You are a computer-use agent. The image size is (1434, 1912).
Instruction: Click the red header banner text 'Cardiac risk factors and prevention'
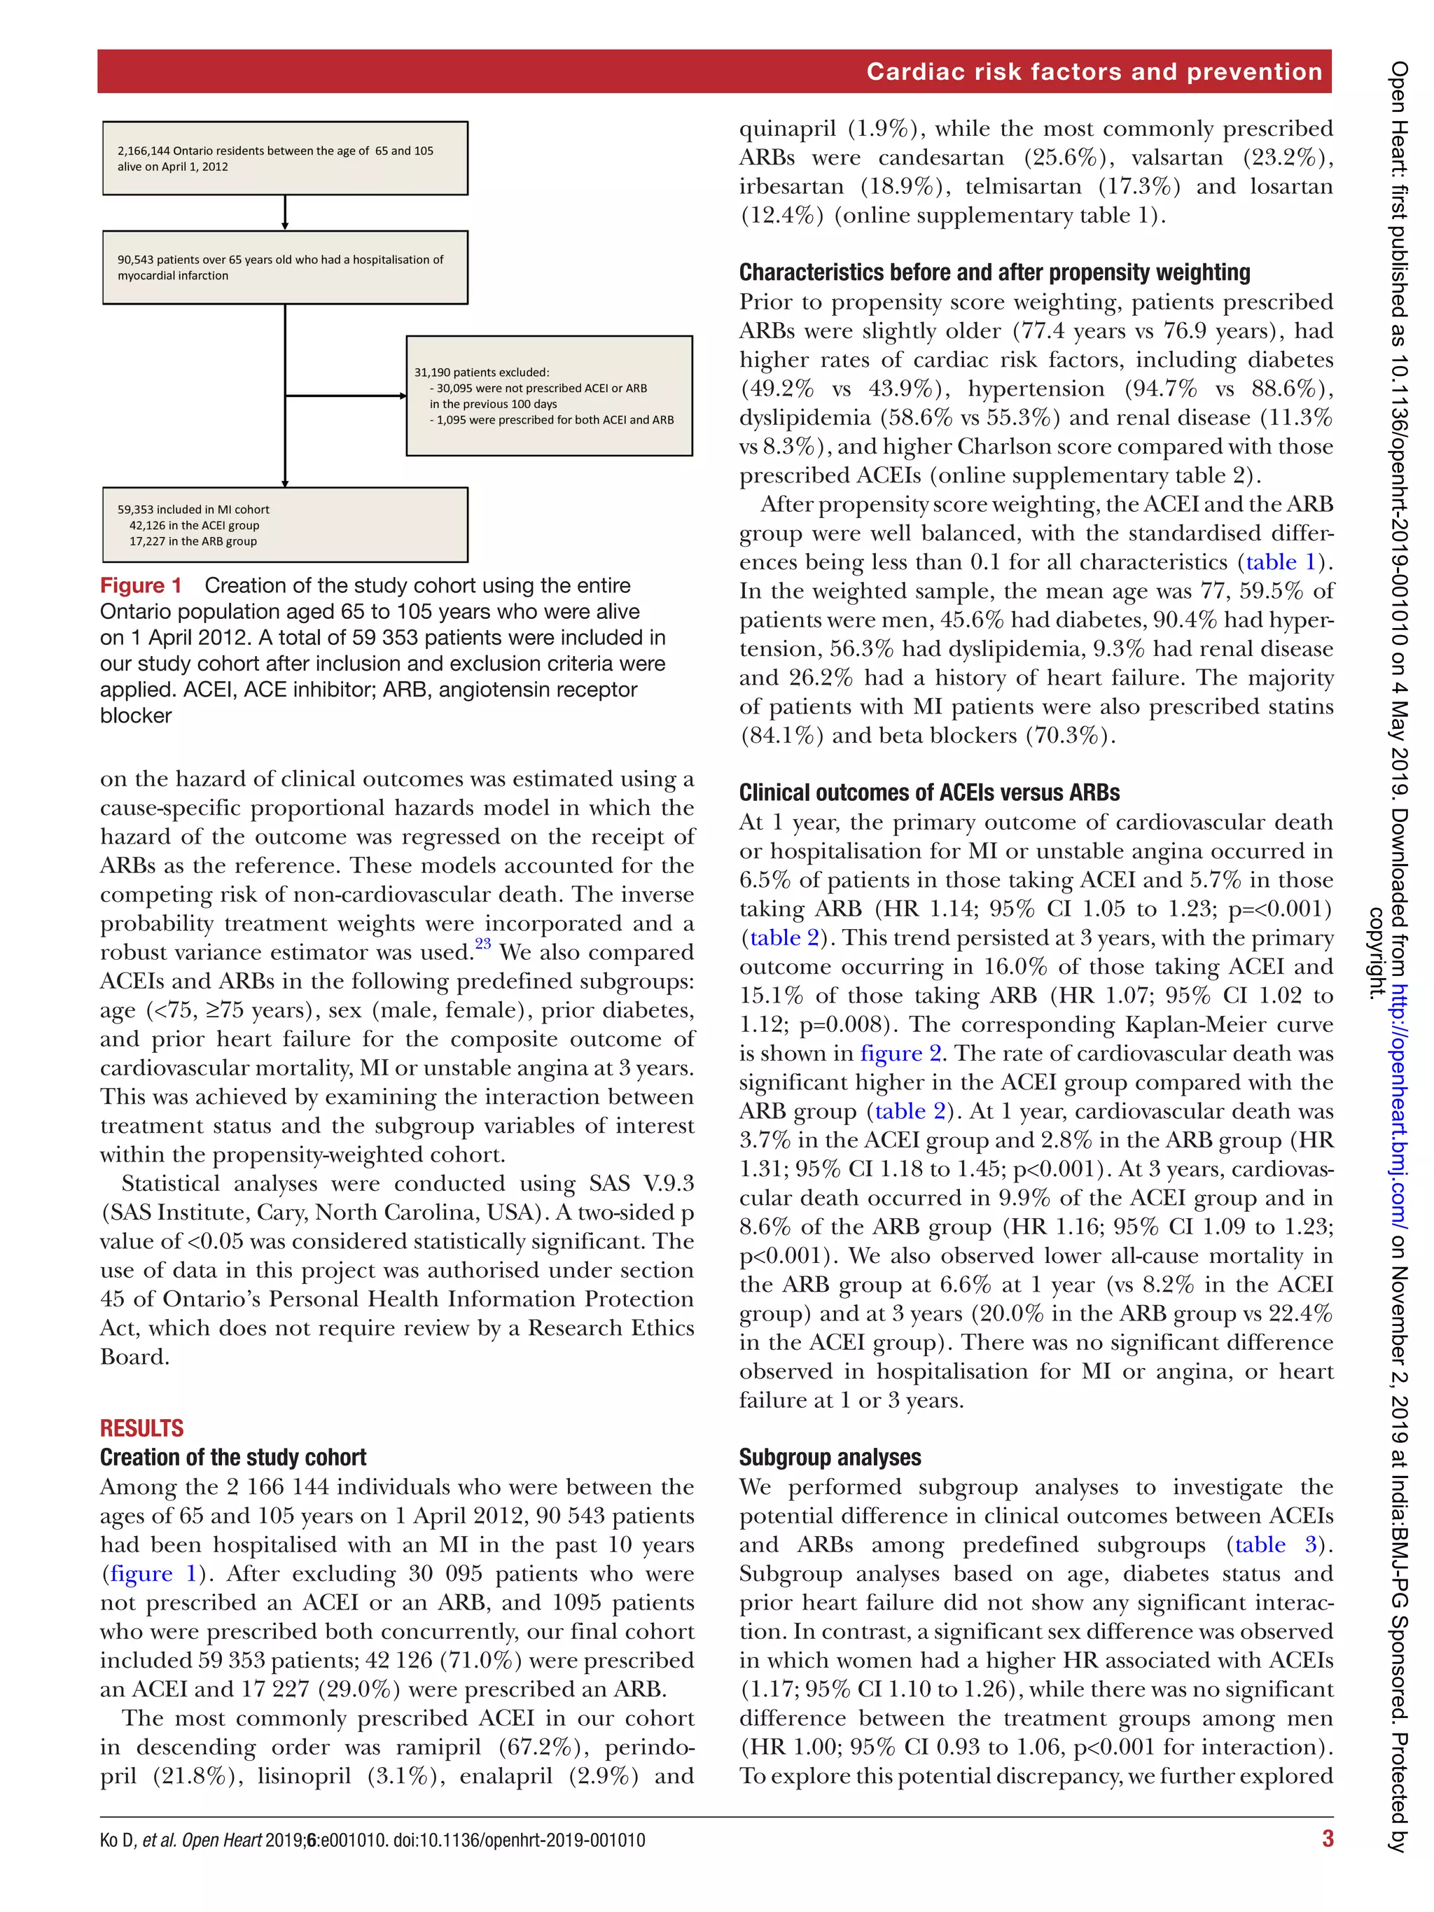(x=1094, y=71)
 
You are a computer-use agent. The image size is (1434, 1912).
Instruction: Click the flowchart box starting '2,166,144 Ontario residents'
(x=285, y=158)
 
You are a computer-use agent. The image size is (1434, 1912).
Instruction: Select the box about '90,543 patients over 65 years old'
(x=285, y=267)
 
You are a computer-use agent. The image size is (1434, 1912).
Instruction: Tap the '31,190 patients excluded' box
(x=549, y=396)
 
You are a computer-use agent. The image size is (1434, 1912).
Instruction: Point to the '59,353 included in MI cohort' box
(x=285, y=524)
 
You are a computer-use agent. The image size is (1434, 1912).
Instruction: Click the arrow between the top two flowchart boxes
(x=285, y=214)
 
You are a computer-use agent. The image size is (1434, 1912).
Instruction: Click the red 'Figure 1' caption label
(x=141, y=585)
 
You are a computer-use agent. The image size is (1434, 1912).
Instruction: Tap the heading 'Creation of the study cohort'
(x=233, y=1458)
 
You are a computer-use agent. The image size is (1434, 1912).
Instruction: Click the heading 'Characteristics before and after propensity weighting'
(x=994, y=272)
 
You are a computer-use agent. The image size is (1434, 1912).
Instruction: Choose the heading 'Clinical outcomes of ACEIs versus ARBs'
(x=929, y=793)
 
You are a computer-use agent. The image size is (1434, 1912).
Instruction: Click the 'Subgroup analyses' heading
(x=830, y=1458)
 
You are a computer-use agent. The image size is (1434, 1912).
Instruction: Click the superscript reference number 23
(x=482, y=944)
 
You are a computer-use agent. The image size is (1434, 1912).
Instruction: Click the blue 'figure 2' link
(x=900, y=1053)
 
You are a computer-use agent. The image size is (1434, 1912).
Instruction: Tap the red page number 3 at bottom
(x=1327, y=1838)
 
